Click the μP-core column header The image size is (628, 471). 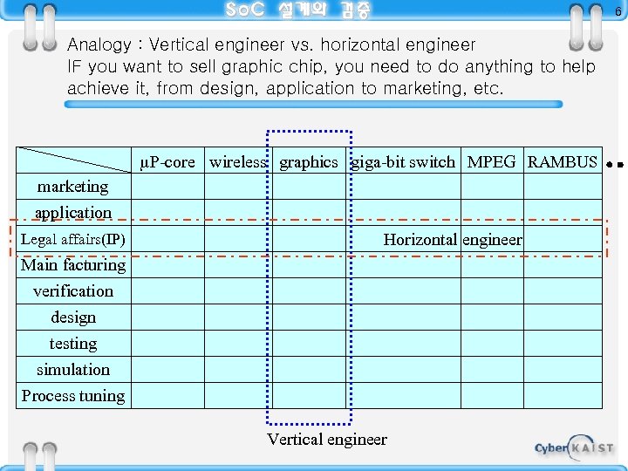(x=167, y=162)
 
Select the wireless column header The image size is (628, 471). (x=237, y=162)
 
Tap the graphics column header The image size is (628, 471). (x=308, y=162)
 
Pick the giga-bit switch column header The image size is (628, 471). (x=403, y=162)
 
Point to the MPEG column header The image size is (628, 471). (x=491, y=162)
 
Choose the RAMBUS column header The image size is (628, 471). (x=563, y=162)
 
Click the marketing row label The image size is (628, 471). (x=73, y=187)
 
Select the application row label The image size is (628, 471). (x=73, y=213)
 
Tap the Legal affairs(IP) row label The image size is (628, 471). (x=73, y=239)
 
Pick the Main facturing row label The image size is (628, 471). (x=73, y=265)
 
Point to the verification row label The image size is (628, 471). (x=73, y=291)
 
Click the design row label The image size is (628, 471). (x=73, y=317)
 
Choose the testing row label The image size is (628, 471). (x=73, y=344)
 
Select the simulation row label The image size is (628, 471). (x=73, y=370)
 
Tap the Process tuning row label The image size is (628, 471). (x=73, y=396)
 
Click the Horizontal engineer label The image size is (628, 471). (x=453, y=239)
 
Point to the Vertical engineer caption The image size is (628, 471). (x=327, y=440)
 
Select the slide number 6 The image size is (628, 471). (x=618, y=11)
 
